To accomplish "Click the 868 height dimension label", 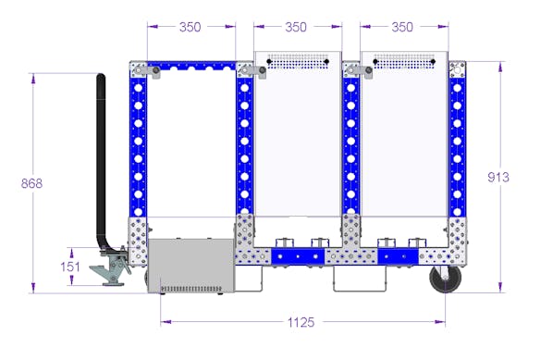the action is tap(31, 183).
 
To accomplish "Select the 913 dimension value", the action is tap(498, 177).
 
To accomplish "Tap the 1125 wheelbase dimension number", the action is tap(301, 322).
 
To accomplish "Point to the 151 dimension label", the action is tap(70, 267).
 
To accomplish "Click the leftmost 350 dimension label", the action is tap(190, 27).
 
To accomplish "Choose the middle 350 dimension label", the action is tap(296, 27).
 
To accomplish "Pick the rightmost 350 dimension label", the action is tap(402, 27).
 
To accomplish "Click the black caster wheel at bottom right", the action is tap(446, 279).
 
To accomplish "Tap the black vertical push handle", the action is tap(102, 162).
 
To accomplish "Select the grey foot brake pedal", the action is tap(111, 270).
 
